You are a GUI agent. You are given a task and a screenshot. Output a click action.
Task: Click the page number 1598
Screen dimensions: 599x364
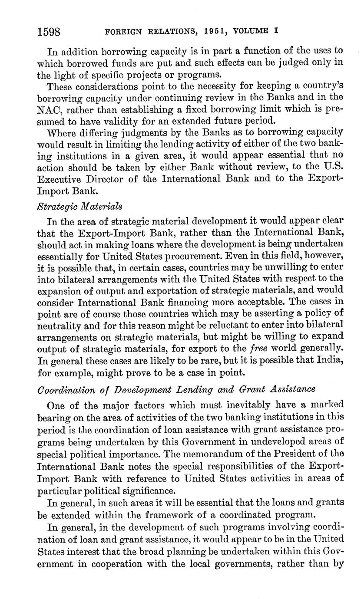(48, 32)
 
